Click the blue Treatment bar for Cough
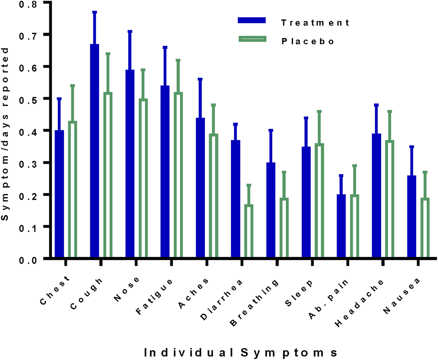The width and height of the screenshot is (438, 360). (x=94, y=151)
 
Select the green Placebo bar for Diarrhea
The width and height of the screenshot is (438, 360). (x=249, y=231)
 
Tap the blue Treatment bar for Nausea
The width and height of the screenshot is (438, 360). (x=412, y=216)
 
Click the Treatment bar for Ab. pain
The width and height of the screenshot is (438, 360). (x=341, y=226)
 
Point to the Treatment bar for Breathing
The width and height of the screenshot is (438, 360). (x=271, y=210)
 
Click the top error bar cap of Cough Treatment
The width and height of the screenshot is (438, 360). (x=94, y=12)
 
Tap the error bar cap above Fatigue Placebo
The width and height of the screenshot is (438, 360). (x=178, y=60)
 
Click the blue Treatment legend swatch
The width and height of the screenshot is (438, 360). (x=252, y=20)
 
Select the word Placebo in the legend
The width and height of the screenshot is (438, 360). (x=308, y=41)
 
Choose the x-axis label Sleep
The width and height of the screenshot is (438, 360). (x=299, y=293)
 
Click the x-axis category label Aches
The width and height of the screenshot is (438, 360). (x=194, y=293)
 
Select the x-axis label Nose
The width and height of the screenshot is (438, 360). (x=127, y=289)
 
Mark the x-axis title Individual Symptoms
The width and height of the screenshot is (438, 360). (x=240, y=353)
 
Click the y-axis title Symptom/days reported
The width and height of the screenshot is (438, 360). (x=5, y=134)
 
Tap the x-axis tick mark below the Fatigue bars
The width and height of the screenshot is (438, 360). (x=171, y=263)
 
